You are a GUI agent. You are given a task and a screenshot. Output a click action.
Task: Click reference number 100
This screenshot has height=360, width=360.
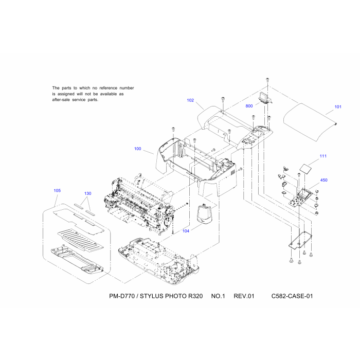[137, 149]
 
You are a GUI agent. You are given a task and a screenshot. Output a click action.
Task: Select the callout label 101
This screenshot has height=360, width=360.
[338, 107]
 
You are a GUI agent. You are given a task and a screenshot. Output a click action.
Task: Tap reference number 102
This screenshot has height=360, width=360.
[190, 101]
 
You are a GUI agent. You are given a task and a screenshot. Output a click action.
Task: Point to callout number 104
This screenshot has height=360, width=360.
[185, 231]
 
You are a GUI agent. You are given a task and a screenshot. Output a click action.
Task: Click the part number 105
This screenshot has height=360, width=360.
[57, 190]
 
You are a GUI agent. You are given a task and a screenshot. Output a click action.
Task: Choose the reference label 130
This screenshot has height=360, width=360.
[88, 193]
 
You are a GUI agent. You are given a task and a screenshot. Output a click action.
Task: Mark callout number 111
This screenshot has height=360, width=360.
[323, 156]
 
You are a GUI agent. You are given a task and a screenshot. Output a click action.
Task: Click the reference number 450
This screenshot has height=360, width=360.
[323, 181]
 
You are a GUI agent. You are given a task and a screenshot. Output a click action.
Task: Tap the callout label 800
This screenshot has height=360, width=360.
[249, 106]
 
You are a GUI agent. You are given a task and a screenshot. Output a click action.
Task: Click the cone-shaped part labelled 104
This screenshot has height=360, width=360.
[205, 214]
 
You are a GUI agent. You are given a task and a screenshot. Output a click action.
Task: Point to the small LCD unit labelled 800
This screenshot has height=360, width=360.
[265, 98]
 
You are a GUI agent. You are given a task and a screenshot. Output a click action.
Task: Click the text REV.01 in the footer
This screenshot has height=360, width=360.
[244, 296]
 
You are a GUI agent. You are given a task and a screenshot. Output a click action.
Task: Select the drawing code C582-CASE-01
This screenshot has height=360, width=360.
[293, 296]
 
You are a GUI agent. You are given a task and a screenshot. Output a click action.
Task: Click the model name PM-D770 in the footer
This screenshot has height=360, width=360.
[122, 296]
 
